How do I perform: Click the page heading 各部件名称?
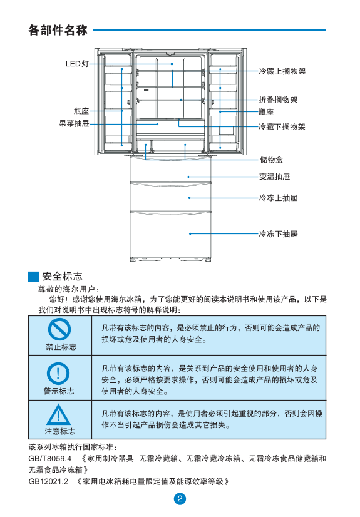[58, 30]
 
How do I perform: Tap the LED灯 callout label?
[77, 64]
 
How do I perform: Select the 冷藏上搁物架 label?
[282, 71]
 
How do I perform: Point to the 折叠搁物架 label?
[278, 100]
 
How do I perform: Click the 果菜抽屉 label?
[74, 124]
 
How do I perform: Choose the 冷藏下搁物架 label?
[282, 126]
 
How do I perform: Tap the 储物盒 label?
[271, 160]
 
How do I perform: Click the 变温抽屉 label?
[274, 177]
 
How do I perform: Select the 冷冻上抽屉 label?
[278, 198]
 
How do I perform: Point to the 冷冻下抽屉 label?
[278, 233]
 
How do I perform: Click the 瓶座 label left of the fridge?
[81, 111]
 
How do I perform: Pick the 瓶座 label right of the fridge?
[266, 112]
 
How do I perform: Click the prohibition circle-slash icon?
[59, 329]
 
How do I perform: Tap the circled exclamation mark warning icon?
[58, 374]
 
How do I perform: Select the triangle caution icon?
[58, 415]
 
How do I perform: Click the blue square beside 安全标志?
[33, 276]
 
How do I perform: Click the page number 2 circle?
[180, 498]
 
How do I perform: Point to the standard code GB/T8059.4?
[50, 459]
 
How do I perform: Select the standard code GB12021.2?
[48, 482]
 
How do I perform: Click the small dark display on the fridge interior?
[146, 90]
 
